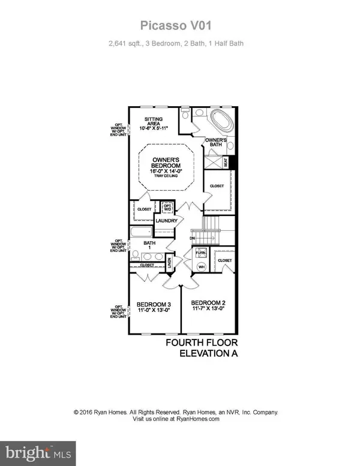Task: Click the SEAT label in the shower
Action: coord(227,161)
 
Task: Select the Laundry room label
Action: coord(166,221)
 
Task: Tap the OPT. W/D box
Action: coord(167,208)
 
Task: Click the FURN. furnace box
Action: coord(200,254)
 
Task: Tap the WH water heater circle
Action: coord(202,266)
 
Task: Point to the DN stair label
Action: coord(192,238)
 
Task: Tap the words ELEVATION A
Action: coord(209,354)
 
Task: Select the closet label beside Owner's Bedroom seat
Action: coord(217,187)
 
